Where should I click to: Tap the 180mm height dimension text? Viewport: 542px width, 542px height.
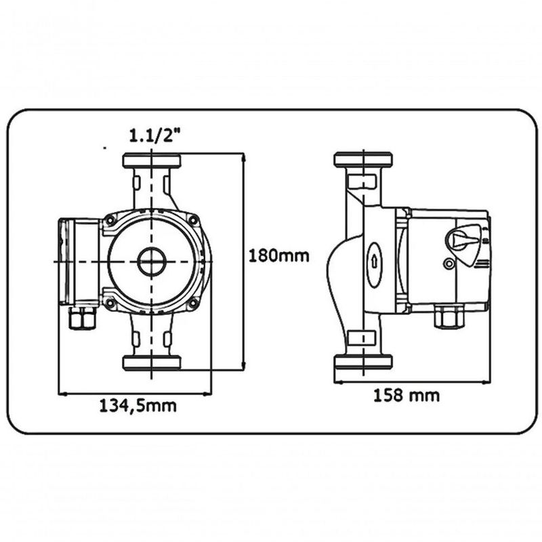(279, 257)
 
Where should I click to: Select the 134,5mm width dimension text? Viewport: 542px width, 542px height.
(138, 406)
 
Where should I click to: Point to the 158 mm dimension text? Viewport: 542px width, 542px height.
(406, 395)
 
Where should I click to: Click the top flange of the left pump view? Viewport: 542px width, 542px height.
(152, 161)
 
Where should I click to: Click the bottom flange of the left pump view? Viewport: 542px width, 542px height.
(152, 362)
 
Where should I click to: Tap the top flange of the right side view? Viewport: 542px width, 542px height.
(363, 160)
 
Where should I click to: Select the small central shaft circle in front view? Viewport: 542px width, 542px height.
(151, 262)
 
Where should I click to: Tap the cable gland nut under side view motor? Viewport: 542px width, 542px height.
(449, 316)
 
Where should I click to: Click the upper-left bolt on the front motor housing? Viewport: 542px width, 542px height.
(110, 220)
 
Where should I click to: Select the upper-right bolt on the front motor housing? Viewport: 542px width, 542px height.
(194, 220)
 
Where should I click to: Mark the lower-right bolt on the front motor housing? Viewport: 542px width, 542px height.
(194, 303)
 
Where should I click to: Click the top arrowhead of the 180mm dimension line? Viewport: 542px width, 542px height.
(243, 158)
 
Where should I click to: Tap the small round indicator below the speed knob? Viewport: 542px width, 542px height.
(448, 264)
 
